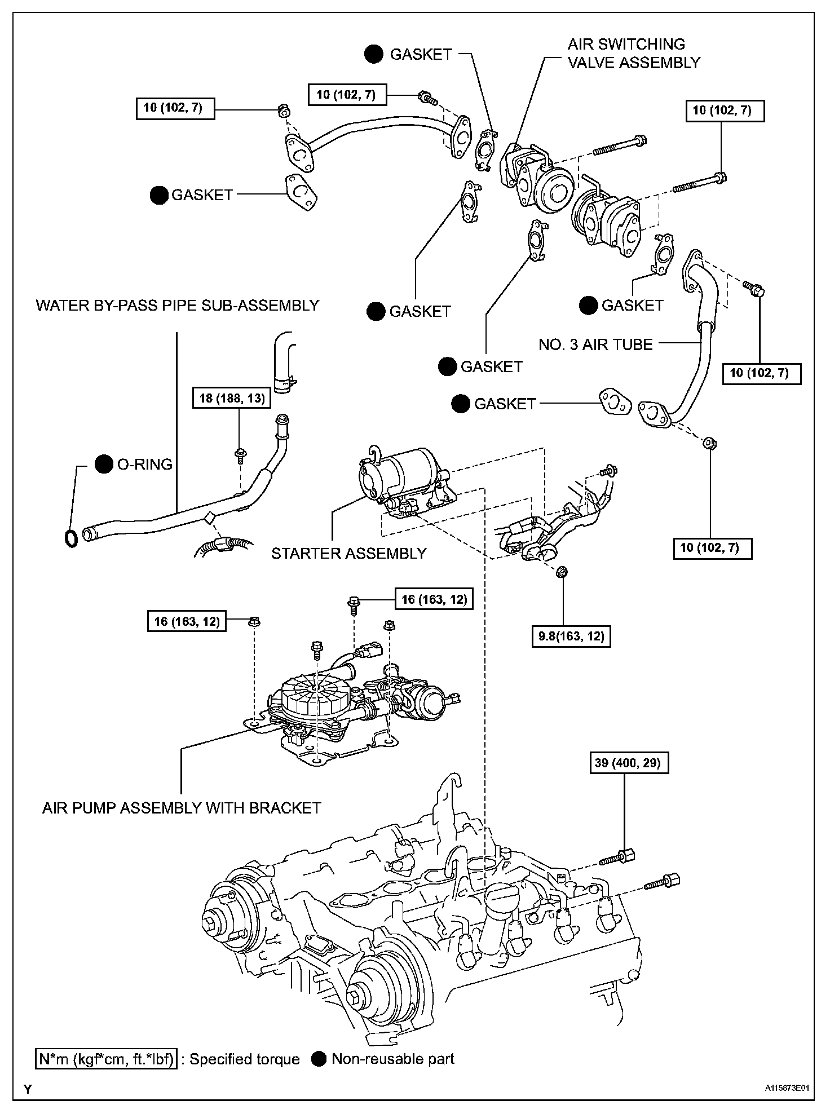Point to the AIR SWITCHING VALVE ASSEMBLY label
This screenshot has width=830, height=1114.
coord(633,54)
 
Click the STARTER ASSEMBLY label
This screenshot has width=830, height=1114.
coord(348,554)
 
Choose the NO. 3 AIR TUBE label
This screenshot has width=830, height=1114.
coord(595,344)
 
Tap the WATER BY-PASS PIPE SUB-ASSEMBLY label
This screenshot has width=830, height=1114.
coord(178,306)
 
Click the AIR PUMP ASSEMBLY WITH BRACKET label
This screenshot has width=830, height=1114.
coord(182,808)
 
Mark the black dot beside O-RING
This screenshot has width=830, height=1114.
coord(103,464)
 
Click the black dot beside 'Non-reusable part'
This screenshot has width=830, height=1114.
coord(319,1059)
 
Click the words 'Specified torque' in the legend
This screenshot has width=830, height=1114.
coord(244,1059)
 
